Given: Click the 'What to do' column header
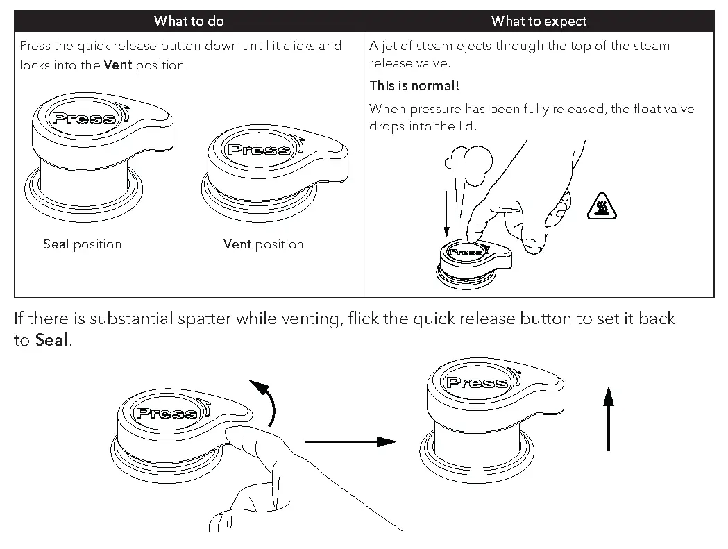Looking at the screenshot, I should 189,21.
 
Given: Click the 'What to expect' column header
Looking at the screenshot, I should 539,21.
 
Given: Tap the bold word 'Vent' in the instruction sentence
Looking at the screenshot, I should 117,66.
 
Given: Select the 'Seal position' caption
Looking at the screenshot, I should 82,244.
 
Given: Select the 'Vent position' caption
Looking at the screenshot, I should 263,244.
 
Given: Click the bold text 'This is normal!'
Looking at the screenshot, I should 414,86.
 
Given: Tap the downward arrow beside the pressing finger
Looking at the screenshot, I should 446,209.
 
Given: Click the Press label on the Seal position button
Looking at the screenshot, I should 84,117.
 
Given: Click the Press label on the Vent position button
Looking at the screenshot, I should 260,149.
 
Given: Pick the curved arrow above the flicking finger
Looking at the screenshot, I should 264,402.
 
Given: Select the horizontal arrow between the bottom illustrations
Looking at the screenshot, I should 350,441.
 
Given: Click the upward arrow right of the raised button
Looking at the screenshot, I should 609,419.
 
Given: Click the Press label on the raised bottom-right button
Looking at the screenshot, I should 477,382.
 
